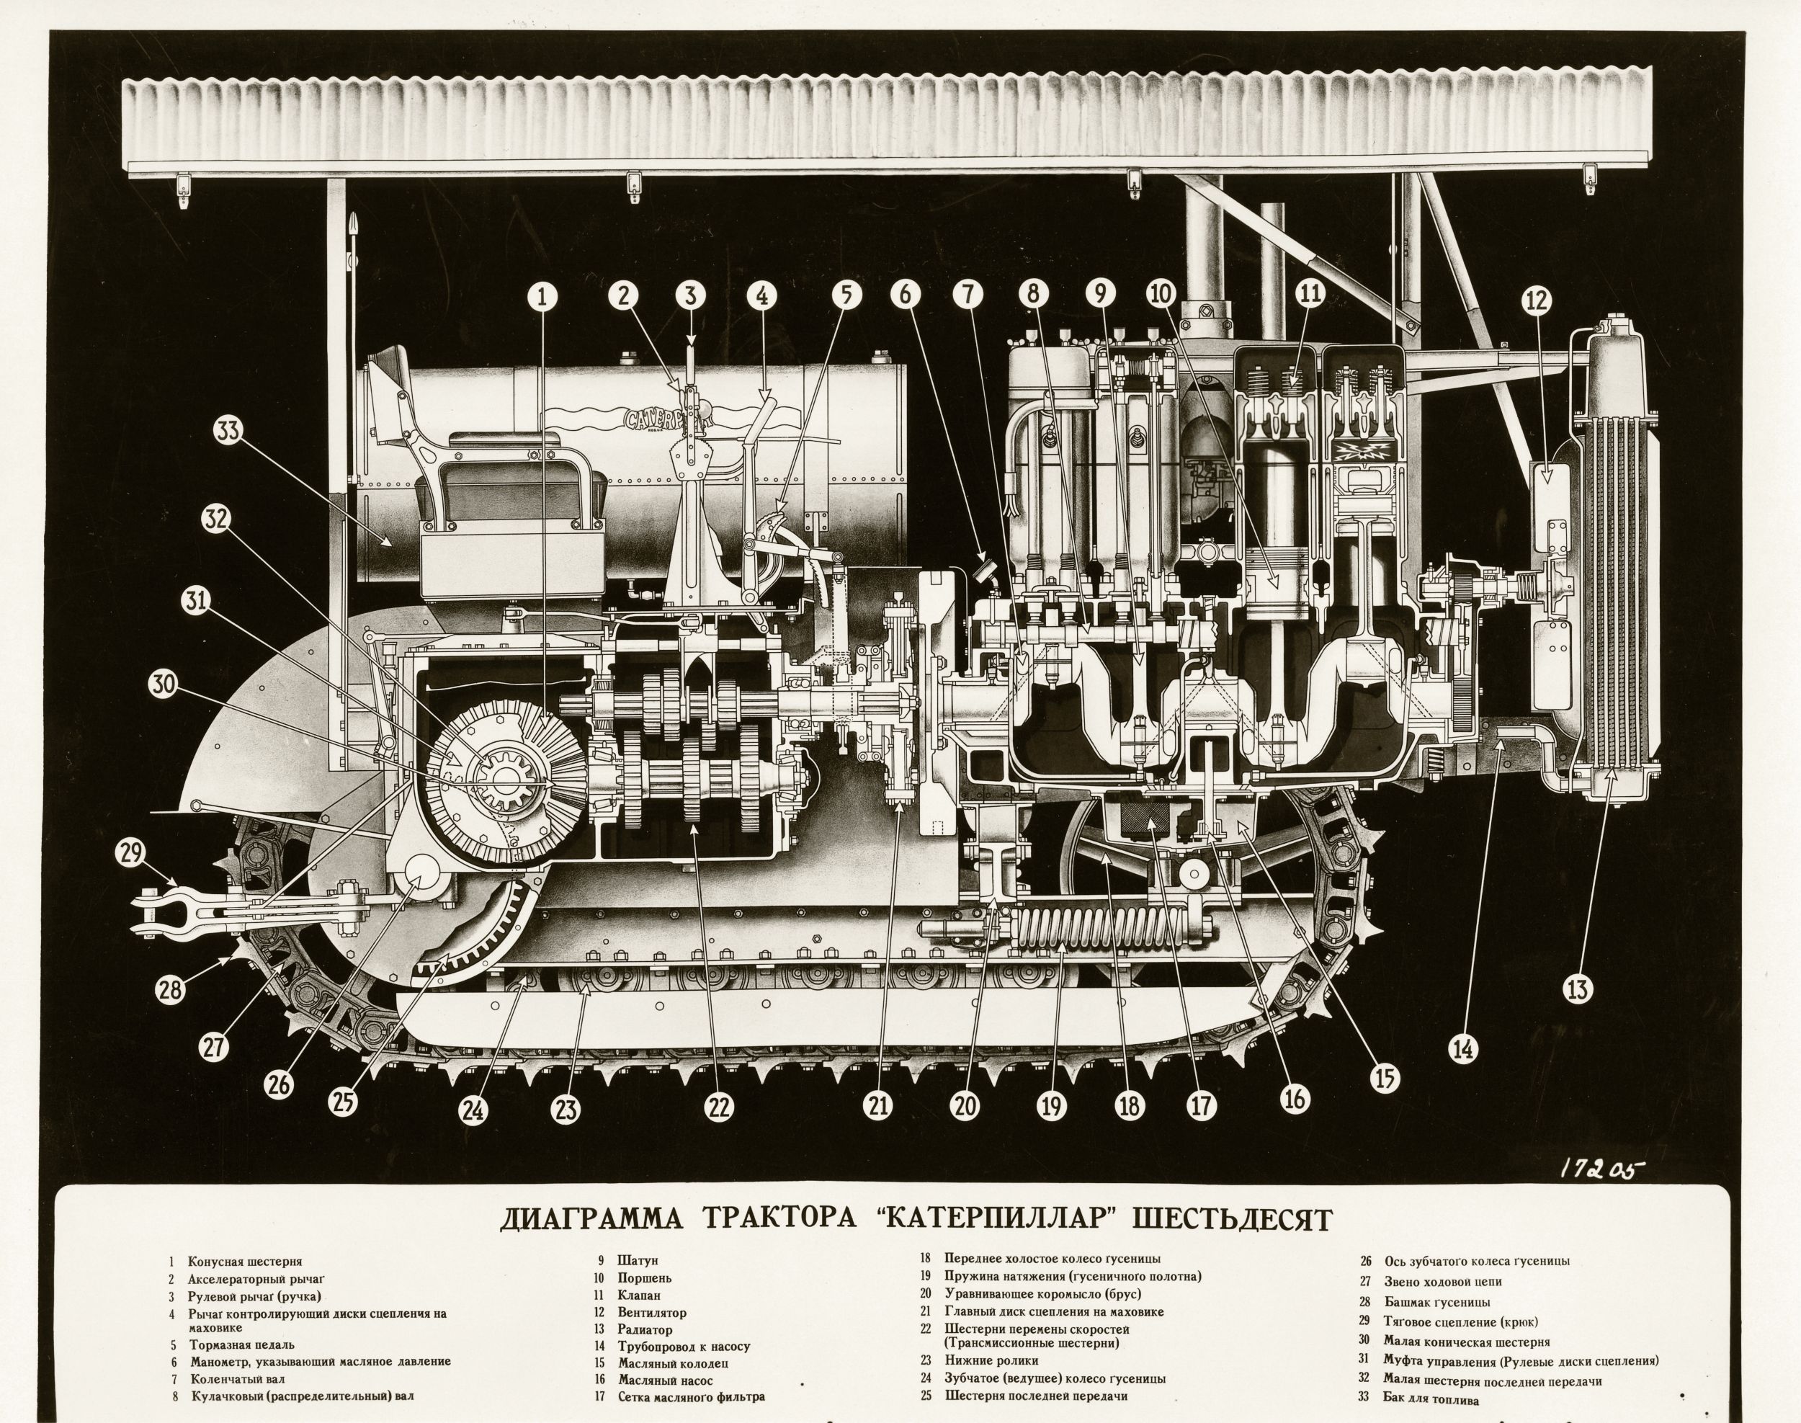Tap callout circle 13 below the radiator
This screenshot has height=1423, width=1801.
(x=1577, y=990)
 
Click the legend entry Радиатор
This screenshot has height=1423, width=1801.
(x=645, y=1331)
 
